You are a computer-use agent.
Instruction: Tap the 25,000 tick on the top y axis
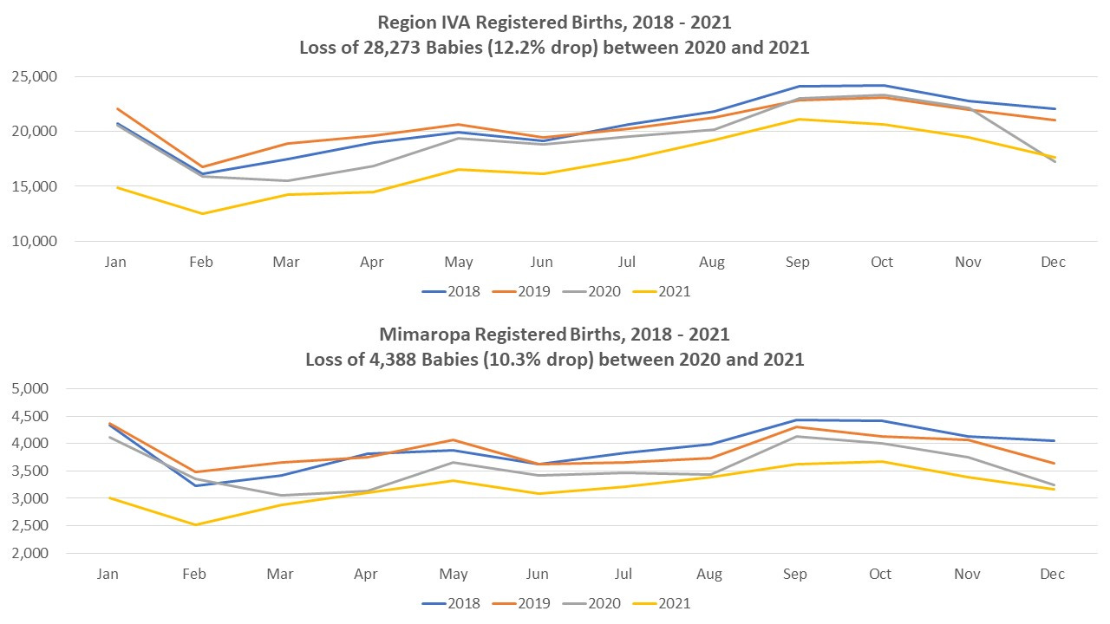(34, 76)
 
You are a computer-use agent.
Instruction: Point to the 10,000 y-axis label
(34, 241)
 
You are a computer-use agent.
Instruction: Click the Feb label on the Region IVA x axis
(201, 262)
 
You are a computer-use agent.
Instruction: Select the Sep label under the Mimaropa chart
(795, 574)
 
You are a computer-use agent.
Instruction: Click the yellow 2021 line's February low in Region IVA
(202, 213)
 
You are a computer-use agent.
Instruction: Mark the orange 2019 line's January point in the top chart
(116, 109)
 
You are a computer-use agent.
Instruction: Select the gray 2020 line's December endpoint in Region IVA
(1054, 162)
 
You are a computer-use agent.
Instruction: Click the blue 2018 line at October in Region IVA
(882, 86)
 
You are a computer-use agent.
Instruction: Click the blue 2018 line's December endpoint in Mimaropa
(1054, 440)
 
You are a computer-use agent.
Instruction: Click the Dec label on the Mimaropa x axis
(1052, 574)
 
